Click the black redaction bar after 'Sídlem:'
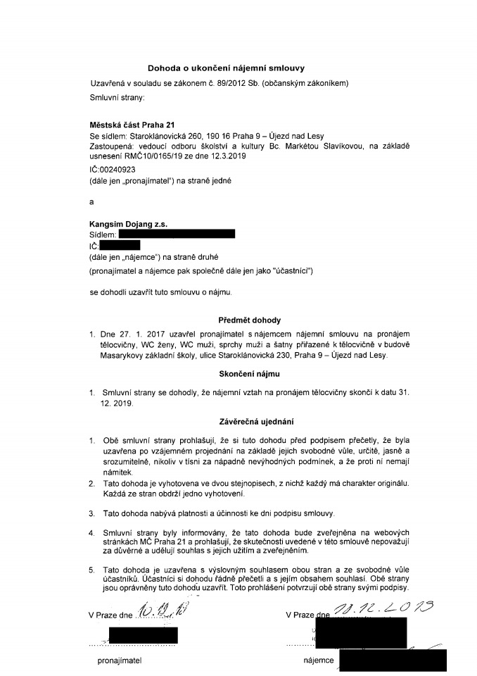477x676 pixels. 177,233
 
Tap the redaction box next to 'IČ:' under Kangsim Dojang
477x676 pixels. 120,245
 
